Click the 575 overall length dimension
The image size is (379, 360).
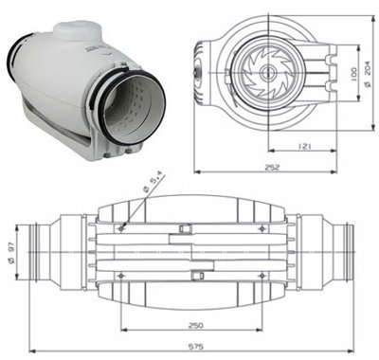tap(196, 346)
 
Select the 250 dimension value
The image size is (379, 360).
tap(196, 325)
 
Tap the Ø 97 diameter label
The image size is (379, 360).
tap(12, 252)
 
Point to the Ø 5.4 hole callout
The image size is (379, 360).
tap(153, 182)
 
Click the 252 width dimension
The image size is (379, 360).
tap(272, 167)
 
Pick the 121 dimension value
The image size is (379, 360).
tap(305, 146)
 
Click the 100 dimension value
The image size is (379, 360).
tap(353, 73)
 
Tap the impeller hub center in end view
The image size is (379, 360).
tap(268, 73)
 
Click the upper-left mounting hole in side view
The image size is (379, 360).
tap(121, 228)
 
